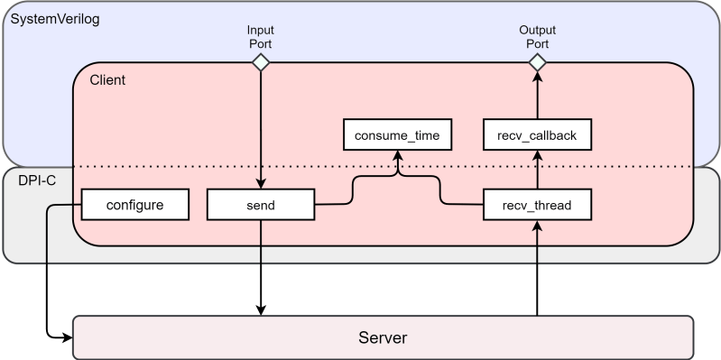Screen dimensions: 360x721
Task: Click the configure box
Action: tap(134, 205)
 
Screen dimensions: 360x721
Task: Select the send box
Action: tap(261, 205)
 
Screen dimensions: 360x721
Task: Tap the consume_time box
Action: tap(397, 136)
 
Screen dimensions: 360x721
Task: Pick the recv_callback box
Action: tap(537, 136)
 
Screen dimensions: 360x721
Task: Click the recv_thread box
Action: tap(537, 205)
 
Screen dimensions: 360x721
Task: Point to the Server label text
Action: tap(383, 338)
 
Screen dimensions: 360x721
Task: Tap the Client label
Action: tap(107, 80)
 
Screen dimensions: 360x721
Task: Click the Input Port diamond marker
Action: tap(261, 62)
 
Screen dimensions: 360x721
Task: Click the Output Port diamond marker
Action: tap(537, 62)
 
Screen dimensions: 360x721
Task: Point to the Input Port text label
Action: tap(261, 36)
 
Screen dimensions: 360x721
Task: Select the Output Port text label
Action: tap(537, 36)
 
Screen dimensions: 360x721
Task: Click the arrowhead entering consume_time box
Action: tap(397, 156)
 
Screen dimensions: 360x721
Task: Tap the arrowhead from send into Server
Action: tap(261, 309)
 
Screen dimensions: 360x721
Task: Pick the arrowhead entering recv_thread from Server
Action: tap(537, 226)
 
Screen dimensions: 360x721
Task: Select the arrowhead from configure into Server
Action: tap(66, 338)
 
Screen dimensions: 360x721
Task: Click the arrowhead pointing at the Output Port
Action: tap(537, 78)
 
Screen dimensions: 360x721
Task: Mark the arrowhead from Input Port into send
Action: tap(261, 183)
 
